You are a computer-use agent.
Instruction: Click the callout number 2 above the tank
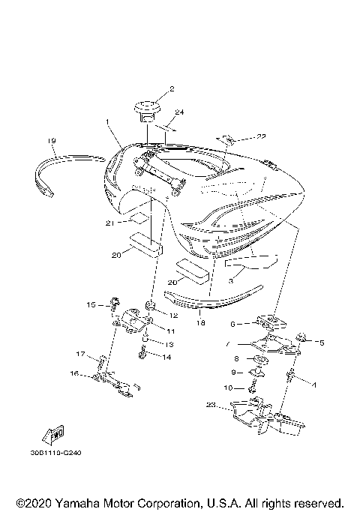click(x=171, y=89)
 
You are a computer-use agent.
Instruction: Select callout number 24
click(x=178, y=112)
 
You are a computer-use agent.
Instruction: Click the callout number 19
click(x=52, y=141)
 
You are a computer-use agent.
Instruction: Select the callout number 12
click(x=173, y=316)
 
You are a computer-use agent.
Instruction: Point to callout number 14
click(x=167, y=358)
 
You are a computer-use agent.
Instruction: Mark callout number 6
click(x=233, y=324)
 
